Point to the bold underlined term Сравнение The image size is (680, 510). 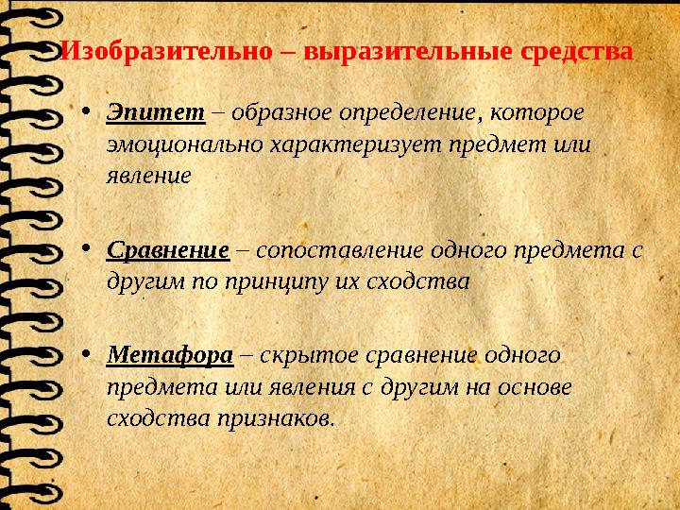coord(168,251)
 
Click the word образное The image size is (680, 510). coord(275,112)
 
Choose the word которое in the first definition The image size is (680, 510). coord(535,112)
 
